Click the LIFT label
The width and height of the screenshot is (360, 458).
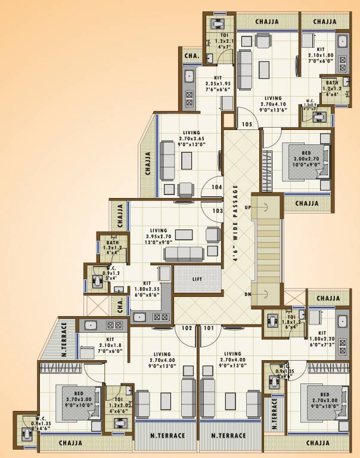point(197,279)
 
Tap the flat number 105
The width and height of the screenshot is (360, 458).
point(247,124)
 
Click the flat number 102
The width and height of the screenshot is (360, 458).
point(187,327)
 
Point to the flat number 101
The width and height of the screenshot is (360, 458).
point(208,327)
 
